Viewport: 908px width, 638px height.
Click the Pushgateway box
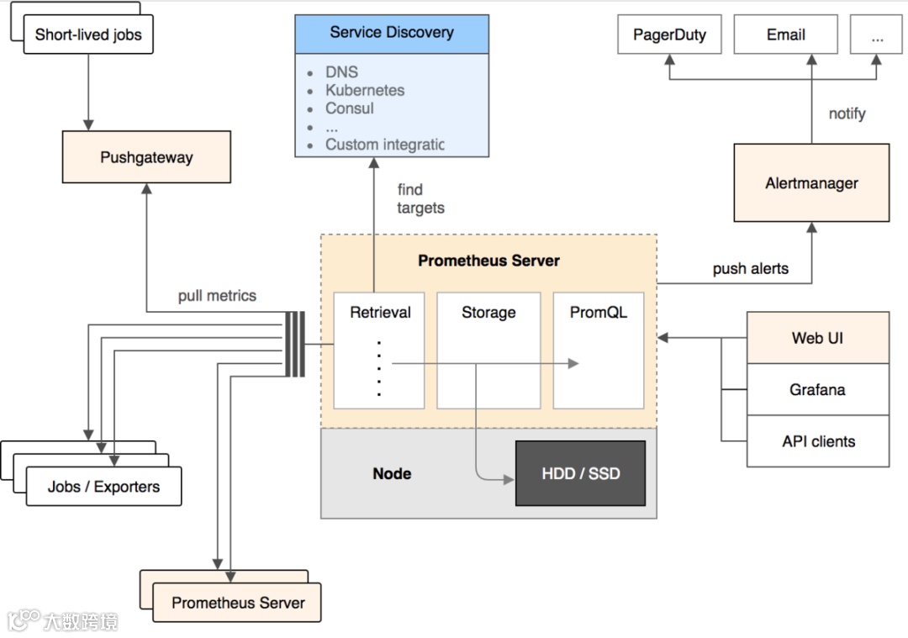coord(146,157)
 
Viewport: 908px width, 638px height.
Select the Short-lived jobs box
coord(88,35)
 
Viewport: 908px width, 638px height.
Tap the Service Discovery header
coord(391,33)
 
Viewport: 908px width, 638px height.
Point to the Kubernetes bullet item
coord(365,90)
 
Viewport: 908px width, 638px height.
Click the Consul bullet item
coord(349,108)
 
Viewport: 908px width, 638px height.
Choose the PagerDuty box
coord(669,35)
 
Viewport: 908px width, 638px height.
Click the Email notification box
coord(785,35)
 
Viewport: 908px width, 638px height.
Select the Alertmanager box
coord(811,183)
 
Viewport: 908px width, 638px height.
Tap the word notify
coord(847,113)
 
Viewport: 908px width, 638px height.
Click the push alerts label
coord(750,269)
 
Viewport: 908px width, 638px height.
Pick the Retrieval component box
coord(379,350)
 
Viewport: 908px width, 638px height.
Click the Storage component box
coord(488,350)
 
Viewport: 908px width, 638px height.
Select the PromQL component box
coord(598,350)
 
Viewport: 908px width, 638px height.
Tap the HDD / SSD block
coord(580,473)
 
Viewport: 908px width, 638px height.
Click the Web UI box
coord(817,338)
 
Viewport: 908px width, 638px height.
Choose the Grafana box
coord(817,390)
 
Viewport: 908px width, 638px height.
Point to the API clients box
coord(817,441)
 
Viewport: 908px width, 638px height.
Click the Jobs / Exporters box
coord(103,487)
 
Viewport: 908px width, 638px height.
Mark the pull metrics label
coord(217,296)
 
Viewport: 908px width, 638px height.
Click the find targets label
coord(420,198)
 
